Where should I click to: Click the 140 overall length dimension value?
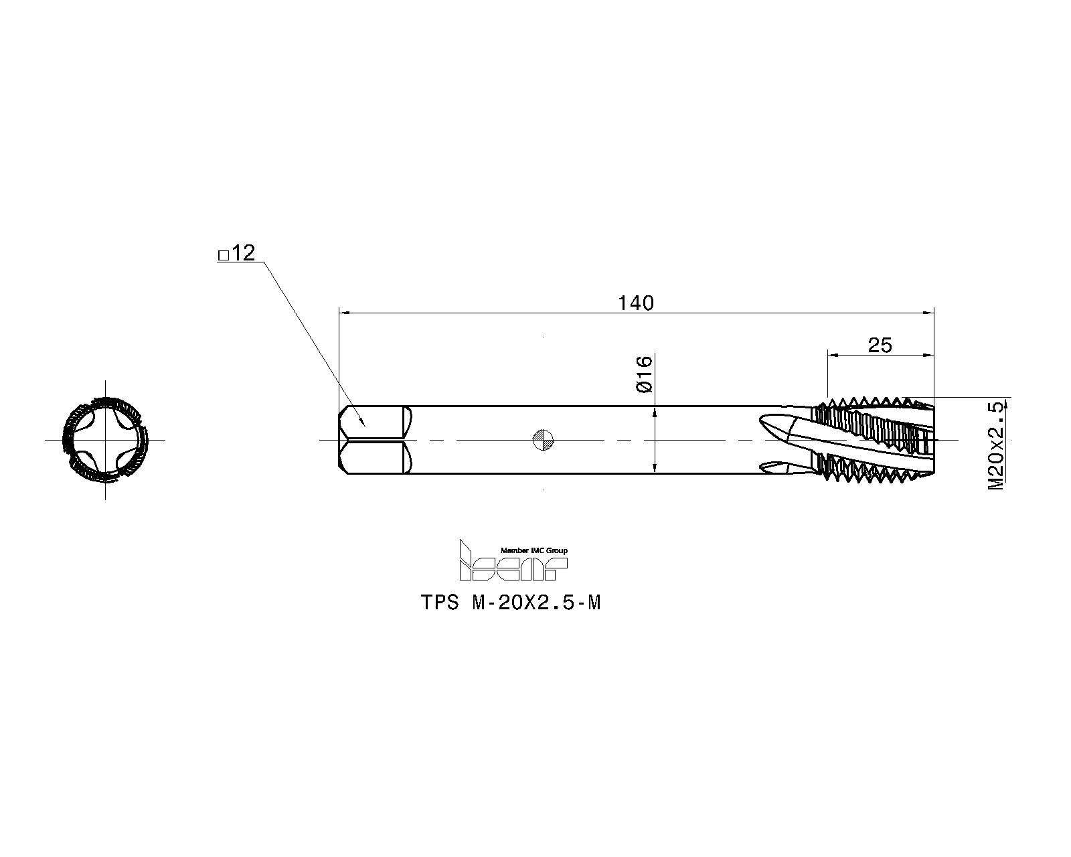click(x=635, y=303)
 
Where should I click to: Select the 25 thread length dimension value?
click(x=880, y=345)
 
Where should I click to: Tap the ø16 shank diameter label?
click(x=644, y=374)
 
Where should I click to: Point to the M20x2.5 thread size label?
click(x=995, y=446)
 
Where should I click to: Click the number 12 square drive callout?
click(x=244, y=253)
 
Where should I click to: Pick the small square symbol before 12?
click(x=224, y=256)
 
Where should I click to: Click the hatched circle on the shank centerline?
click(x=543, y=440)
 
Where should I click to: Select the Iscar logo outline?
click(x=513, y=560)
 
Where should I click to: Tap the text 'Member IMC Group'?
click(x=534, y=550)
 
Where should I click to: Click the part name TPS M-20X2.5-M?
click(x=511, y=603)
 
